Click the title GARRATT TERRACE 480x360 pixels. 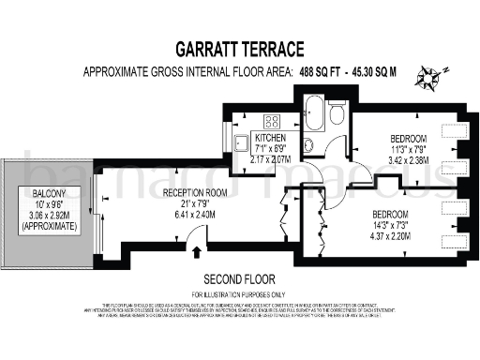(240, 48)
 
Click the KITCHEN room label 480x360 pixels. (273, 137)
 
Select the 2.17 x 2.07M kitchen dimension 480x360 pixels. (274, 159)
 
